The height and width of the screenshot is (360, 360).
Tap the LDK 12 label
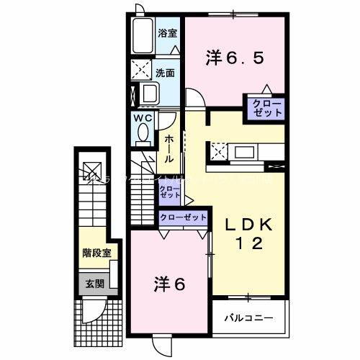248,233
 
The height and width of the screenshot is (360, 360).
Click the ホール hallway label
168,148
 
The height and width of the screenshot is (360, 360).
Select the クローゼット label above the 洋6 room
183,217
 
